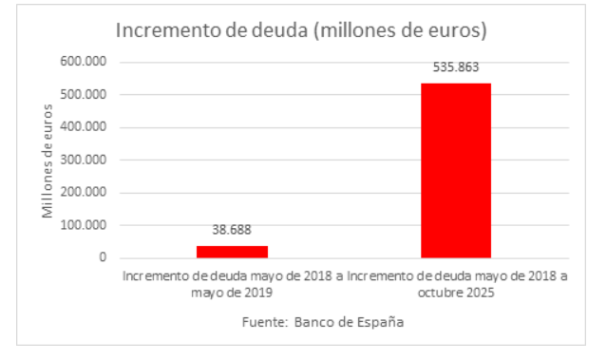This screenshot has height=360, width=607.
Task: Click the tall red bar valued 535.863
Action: point(456,171)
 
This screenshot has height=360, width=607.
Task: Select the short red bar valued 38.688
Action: point(232,252)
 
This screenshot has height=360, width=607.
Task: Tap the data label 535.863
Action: point(456,69)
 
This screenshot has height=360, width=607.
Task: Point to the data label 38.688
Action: point(232,230)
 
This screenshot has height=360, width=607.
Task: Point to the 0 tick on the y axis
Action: point(102,257)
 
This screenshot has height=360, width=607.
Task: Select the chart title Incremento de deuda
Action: point(301,30)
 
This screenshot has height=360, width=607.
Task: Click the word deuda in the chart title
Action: point(279,30)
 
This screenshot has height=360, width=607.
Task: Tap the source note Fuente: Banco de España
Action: point(323,322)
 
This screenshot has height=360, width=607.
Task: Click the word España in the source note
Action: point(379,322)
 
